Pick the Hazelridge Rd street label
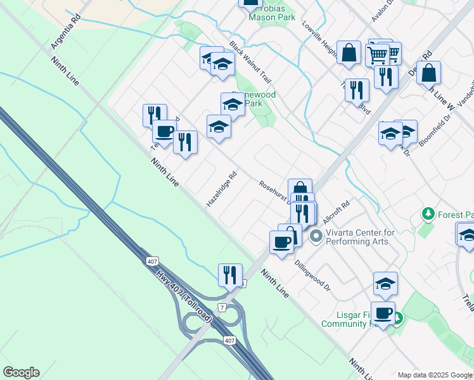pos(221,189)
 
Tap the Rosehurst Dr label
pos(274,192)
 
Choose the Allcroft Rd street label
pos(336,212)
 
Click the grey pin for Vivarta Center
pos(316,237)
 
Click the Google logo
pos(21,372)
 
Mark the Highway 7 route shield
pos(221,307)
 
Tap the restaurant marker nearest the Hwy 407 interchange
pos(229,275)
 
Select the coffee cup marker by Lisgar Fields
pos(383,312)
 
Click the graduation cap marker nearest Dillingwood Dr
pos(385,284)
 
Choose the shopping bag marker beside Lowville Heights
pos(349,53)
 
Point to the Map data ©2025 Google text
pos(435,375)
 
